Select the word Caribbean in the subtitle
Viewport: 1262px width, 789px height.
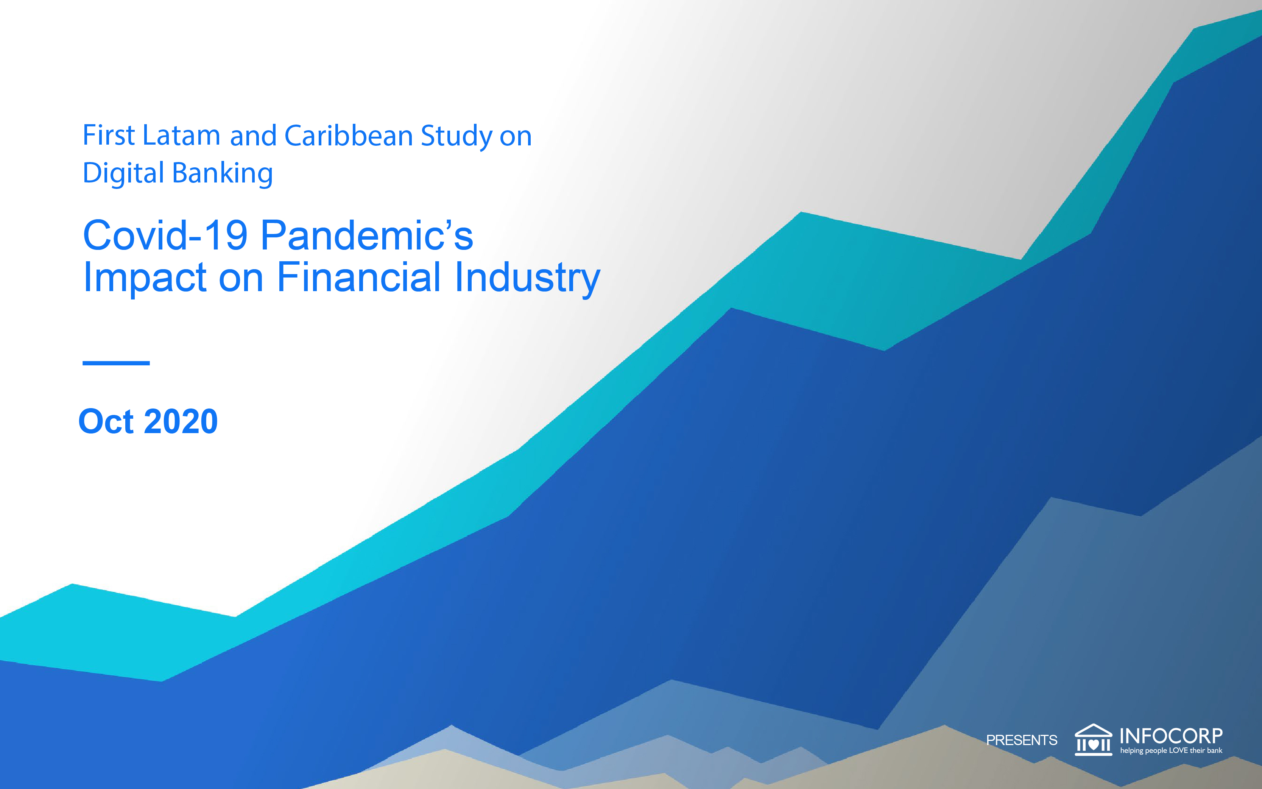[x=349, y=135]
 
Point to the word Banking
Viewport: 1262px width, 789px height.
[x=222, y=174]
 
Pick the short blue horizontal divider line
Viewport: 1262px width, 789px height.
[x=116, y=363]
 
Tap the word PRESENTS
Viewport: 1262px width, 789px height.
[x=1022, y=740]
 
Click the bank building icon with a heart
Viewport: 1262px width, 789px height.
[x=1094, y=739]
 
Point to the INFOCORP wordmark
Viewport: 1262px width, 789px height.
[x=1171, y=736]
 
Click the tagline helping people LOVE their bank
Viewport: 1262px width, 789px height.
[x=1171, y=751]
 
